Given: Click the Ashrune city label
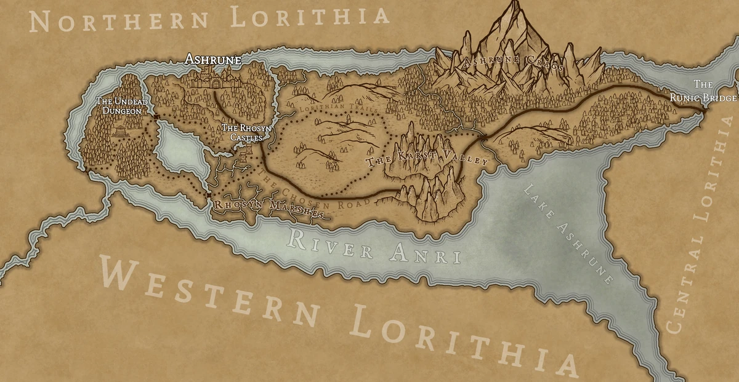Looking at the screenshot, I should point(213,60).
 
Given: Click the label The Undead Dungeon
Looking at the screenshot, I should point(119,106).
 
